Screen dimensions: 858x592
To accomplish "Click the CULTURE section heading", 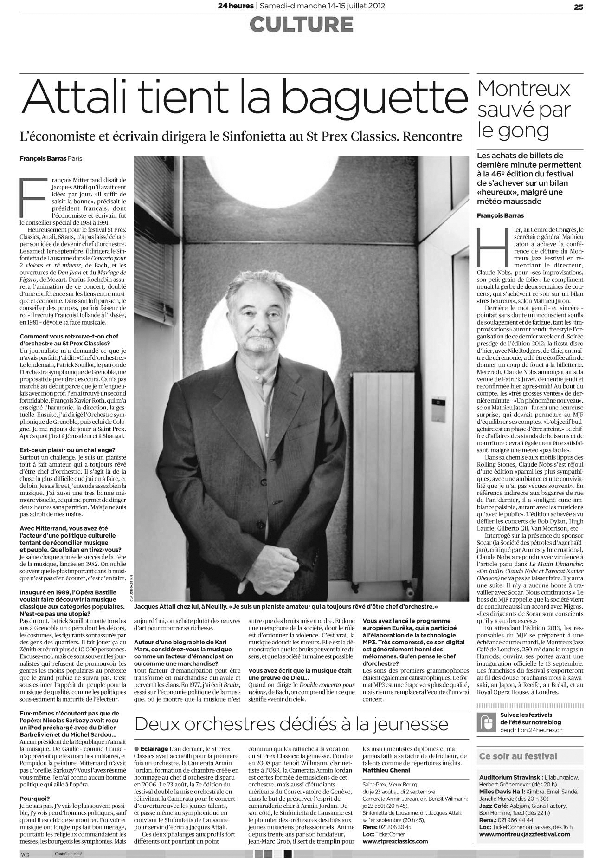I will coord(301,25).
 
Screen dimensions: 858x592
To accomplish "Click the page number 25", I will coord(578,6).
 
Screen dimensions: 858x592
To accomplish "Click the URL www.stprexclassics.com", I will coord(395,841).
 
